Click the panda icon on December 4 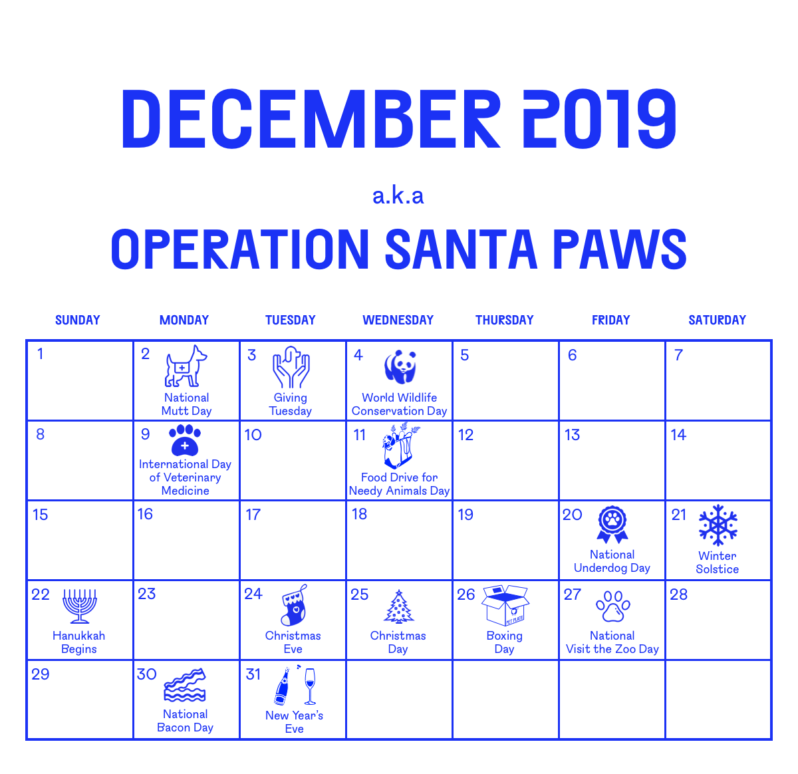(400, 367)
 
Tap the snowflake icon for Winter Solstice (718, 525)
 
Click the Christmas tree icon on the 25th (399, 606)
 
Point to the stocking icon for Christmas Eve (293, 606)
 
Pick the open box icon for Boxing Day (505, 605)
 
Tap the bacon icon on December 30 (185, 686)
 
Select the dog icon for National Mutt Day (186, 366)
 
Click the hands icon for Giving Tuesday (291, 367)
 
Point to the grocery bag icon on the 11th (399, 446)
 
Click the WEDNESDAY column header (398, 320)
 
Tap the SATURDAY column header (717, 320)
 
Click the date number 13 (572, 435)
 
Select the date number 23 (146, 594)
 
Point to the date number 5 (465, 355)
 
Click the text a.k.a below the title (398, 195)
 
